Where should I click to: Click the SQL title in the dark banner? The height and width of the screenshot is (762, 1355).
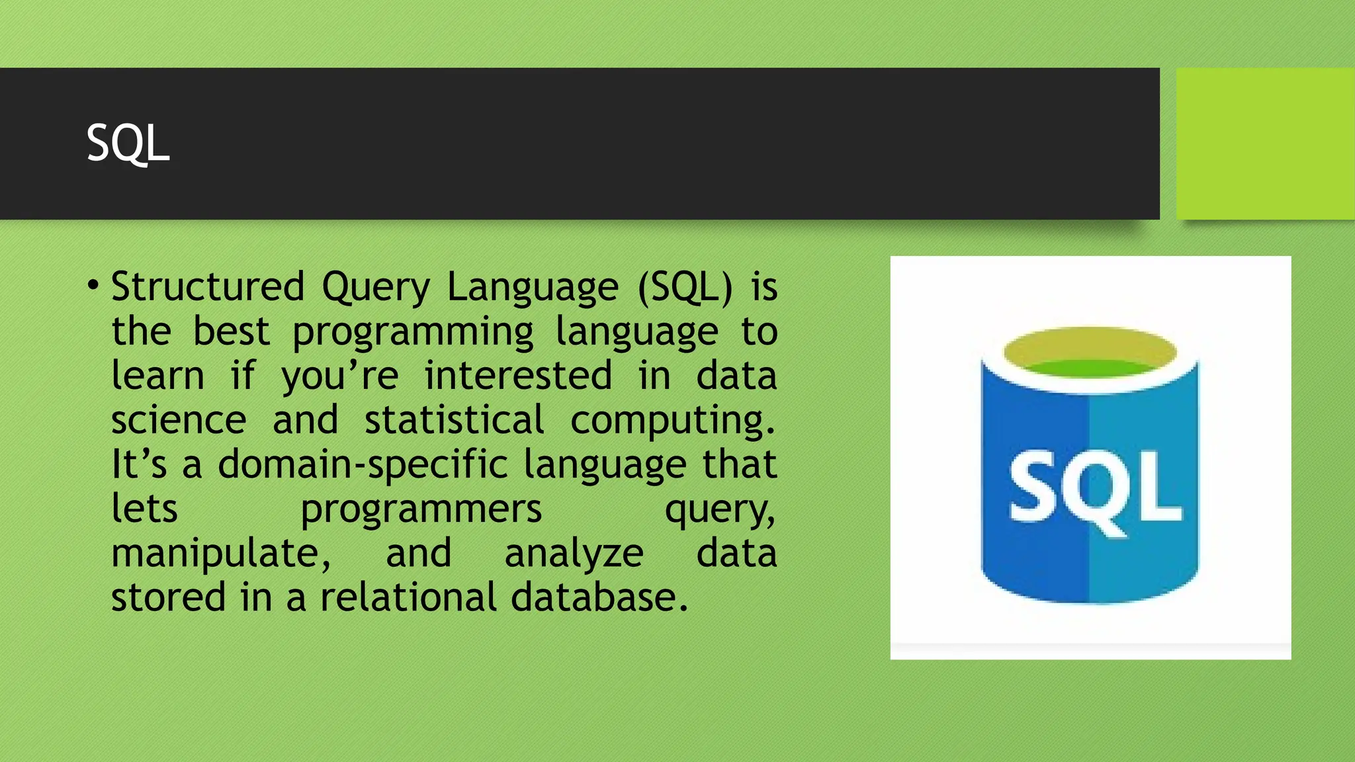click(x=128, y=143)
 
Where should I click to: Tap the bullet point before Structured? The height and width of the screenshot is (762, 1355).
click(x=93, y=286)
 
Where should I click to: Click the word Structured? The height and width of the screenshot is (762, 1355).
click(x=208, y=287)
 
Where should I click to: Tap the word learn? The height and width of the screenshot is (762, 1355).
click(x=157, y=376)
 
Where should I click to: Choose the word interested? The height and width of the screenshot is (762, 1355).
click(x=518, y=376)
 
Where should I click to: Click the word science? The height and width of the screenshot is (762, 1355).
click(x=179, y=421)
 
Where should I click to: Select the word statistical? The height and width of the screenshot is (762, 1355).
click(x=455, y=421)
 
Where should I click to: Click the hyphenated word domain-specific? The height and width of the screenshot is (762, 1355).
click(x=363, y=465)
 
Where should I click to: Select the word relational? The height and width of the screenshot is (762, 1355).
click(x=408, y=597)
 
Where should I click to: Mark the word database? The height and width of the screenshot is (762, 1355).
click(x=599, y=597)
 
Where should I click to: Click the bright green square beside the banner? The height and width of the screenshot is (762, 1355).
click(x=1265, y=144)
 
